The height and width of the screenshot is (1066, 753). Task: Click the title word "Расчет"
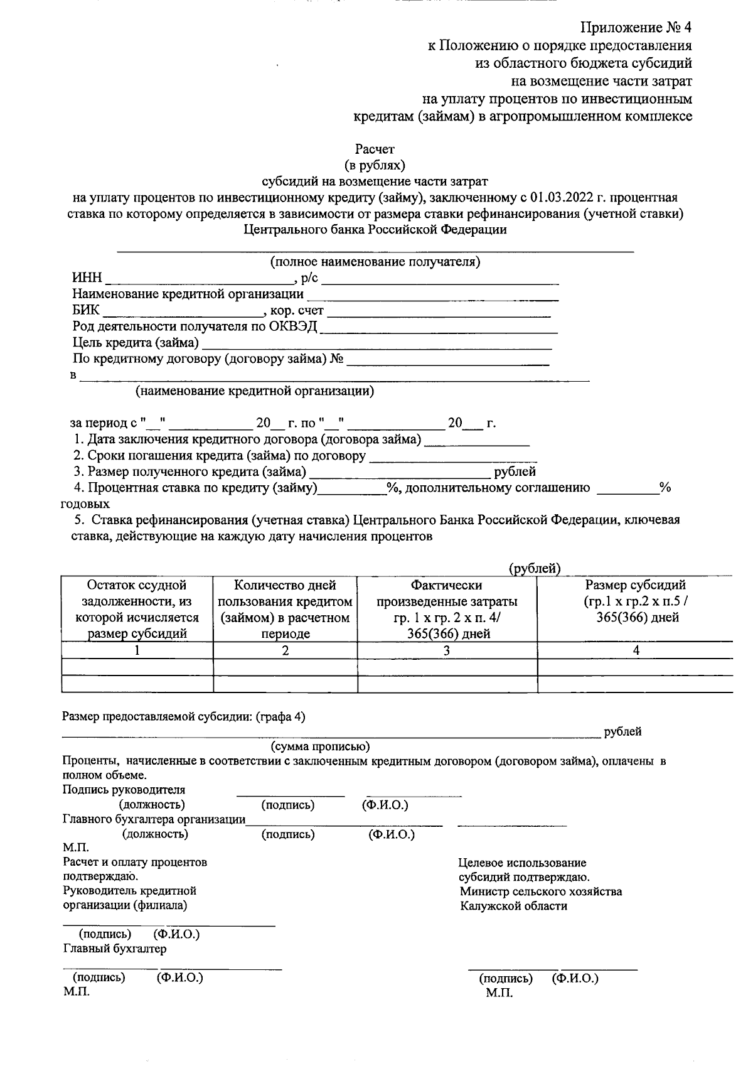coord(375,149)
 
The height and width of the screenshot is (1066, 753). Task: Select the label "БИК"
coord(86,311)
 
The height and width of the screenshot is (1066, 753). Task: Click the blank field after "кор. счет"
coord(439,311)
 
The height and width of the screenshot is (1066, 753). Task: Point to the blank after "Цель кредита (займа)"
coord(376,343)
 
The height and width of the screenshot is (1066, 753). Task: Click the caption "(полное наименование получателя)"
coord(375,262)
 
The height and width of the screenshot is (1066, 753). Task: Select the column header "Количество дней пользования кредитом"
coord(285,609)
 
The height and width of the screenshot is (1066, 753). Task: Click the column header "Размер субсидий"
coord(635,586)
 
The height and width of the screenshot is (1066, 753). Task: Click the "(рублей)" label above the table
coord(533,569)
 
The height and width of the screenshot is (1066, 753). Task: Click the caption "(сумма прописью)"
coord(320,747)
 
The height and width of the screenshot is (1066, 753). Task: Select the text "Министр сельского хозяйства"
coord(540,892)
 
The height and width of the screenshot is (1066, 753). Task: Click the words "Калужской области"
coord(513,907)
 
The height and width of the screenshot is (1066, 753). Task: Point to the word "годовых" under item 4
coord(85,504)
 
